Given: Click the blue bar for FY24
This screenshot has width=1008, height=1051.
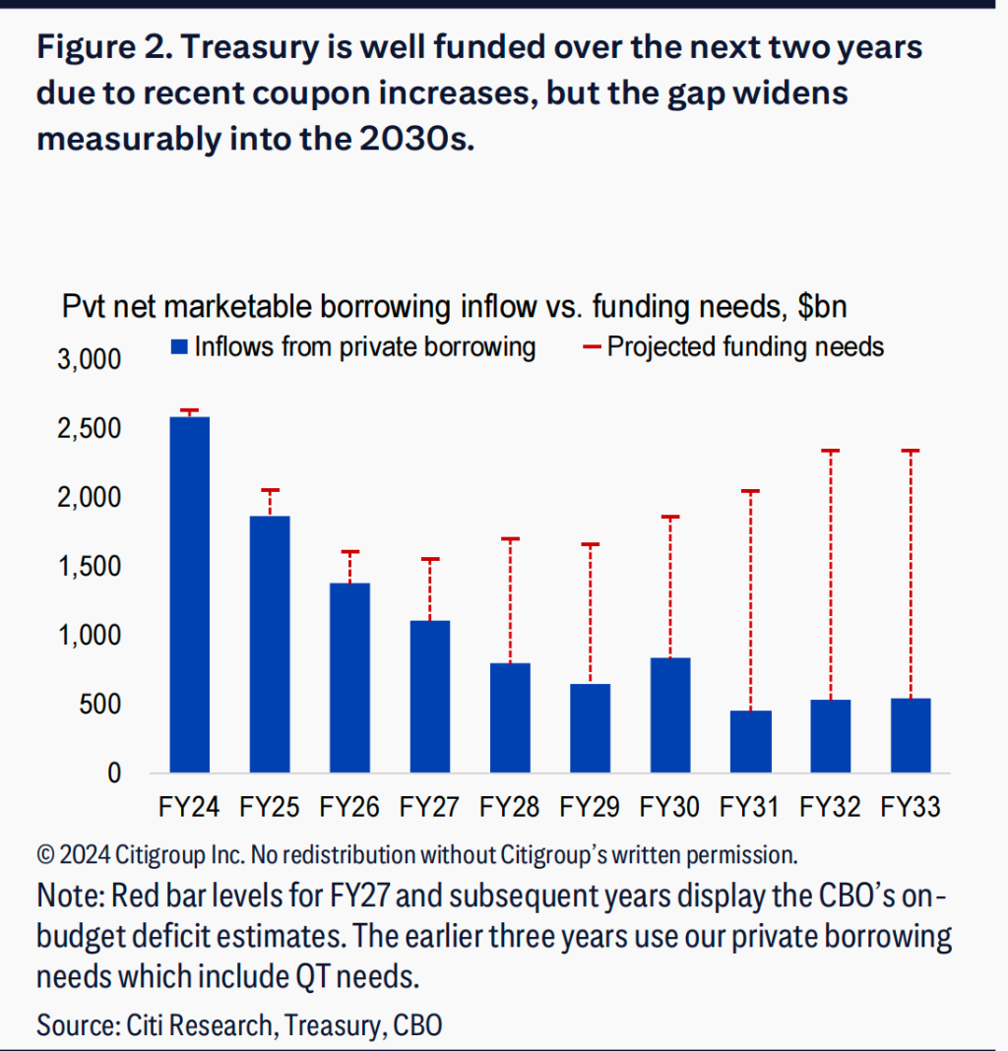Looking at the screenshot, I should (189, 594).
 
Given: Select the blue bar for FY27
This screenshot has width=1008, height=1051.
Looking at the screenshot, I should (429, 696).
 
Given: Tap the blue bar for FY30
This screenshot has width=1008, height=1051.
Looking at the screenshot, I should (670, 714).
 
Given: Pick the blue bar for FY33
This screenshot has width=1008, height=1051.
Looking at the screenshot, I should (911, 735).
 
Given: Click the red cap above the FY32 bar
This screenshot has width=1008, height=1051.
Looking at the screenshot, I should (831, 451).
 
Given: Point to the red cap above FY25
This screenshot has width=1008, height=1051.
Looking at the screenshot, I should (270, 490).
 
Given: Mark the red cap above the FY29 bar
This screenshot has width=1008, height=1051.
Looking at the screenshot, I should (590, 544).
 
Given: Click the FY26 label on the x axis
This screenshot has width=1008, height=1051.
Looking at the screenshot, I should (349, 808).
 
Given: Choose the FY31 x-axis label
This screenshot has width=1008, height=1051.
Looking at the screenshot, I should (750, 808).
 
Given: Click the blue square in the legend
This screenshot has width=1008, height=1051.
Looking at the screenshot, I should (178, 347).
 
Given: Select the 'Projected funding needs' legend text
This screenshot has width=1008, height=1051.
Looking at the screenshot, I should (745, 346).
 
